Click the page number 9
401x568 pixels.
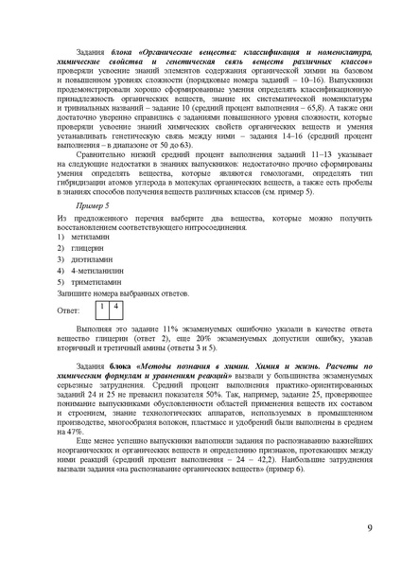coord(368,528)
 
